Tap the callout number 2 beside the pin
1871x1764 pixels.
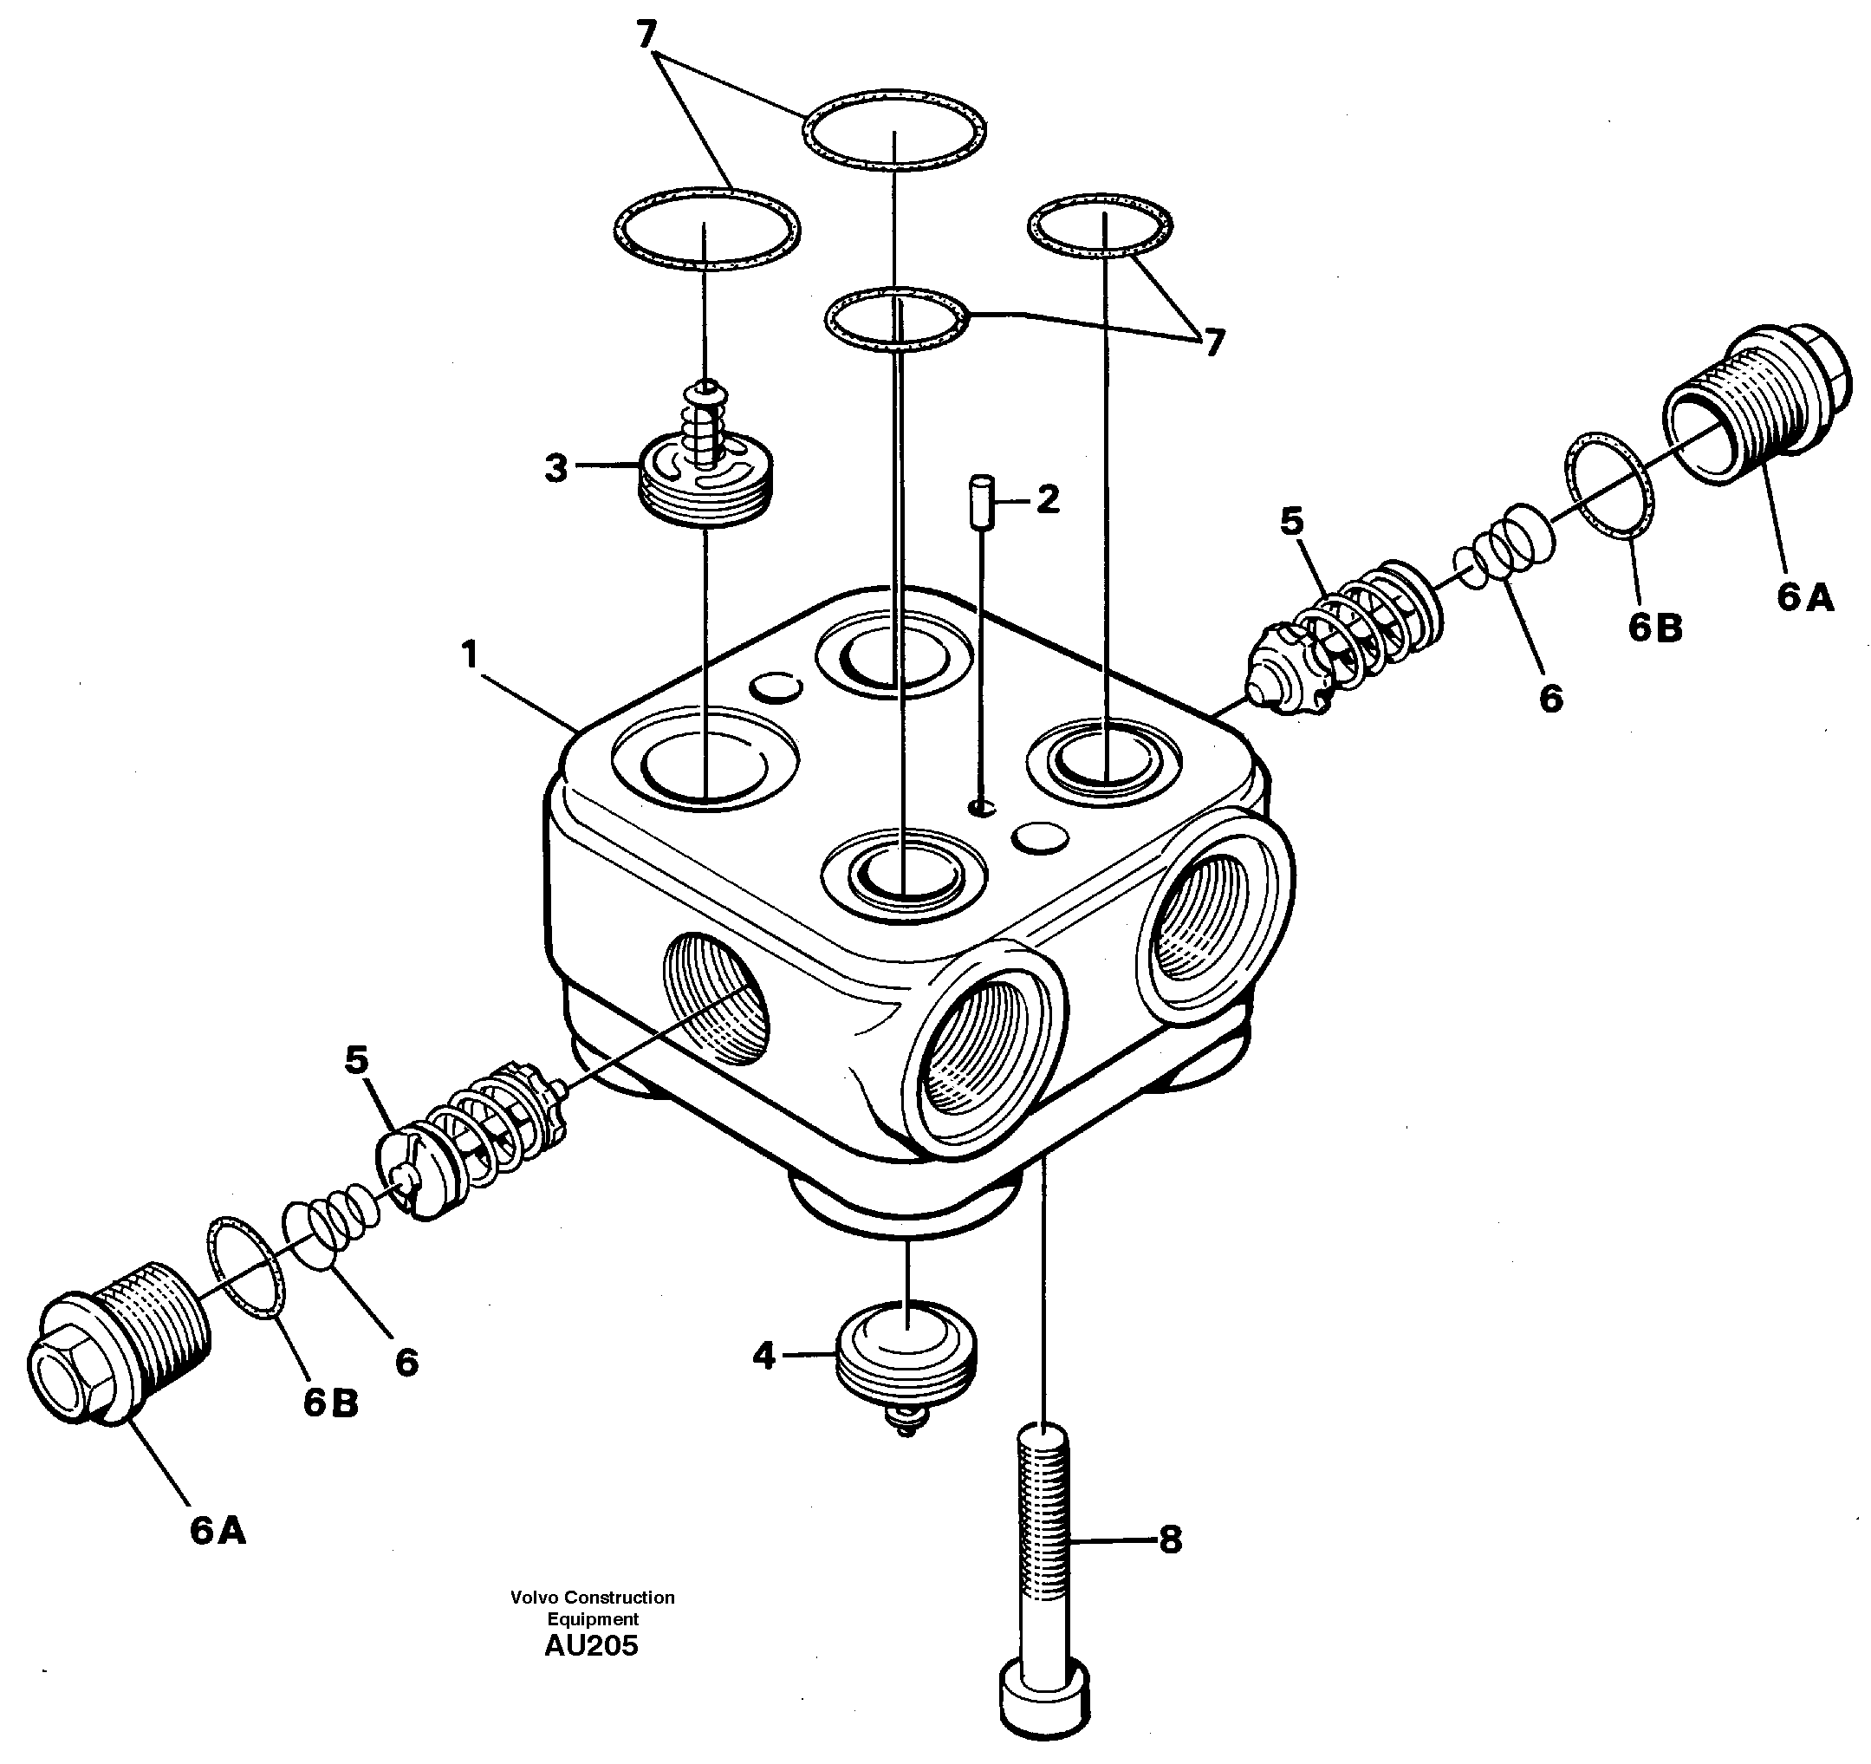[x=1048, y=499]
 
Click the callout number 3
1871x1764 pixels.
[x=556, y=468]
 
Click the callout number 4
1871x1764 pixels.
[x=763, y=1357]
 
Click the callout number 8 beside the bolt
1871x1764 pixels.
[x=1170, y=1540]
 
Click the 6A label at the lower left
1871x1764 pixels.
[x=218, y=1532]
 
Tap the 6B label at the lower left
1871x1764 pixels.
[x=330, y=1403]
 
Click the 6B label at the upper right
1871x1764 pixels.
[x=1655, y=628]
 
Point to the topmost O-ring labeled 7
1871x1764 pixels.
[x=894, y=131]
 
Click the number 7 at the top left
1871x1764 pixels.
[x=646, y=35]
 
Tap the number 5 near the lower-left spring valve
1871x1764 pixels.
[x=356, y=1060]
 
